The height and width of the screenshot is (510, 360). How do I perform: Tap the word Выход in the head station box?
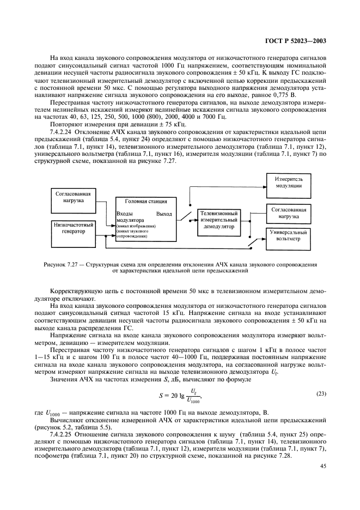[x=164, y=214]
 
